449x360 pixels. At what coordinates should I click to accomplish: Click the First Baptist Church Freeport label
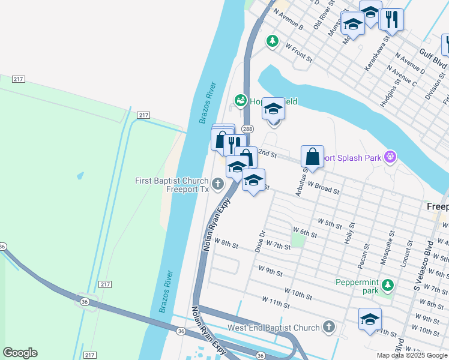pyautogui.click(x=171, y=185)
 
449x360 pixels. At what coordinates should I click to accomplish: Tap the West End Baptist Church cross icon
pyautogui.click(x=328, y=328)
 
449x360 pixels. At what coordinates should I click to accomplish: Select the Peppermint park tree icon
pyautogui.click(x=388, y=284)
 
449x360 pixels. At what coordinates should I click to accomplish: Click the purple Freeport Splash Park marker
pyautogui.click(x=391, y=158)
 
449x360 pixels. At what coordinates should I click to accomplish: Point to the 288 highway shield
pyautogui.click(x=247, y=129)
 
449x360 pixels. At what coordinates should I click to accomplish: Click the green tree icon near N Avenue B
pyautogui.click(x=273, y=41)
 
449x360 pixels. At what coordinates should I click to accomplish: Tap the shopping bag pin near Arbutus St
pyautogui.click(x=313, y=157)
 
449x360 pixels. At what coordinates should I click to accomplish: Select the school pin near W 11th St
pyautogui.click(x=370, y=319)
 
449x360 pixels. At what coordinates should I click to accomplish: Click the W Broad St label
pyautogui.click(x=324, y=188)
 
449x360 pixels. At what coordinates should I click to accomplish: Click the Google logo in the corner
pyautogui.click(x=20, y=353)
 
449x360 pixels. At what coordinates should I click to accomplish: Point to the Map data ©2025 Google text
pyautogui.click(x=412, y=355)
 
